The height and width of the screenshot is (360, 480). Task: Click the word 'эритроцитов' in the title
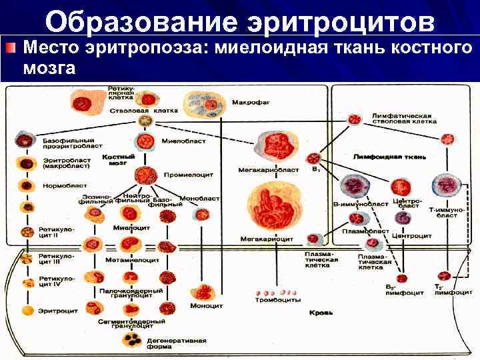coord(341,21)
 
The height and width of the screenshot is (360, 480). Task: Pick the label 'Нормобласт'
coord(59,186)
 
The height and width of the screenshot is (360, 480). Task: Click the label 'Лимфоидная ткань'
coord(389,157)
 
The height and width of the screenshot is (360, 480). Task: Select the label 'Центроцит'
coord(411,235)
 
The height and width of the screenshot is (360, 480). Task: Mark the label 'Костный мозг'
coord(118,159)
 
